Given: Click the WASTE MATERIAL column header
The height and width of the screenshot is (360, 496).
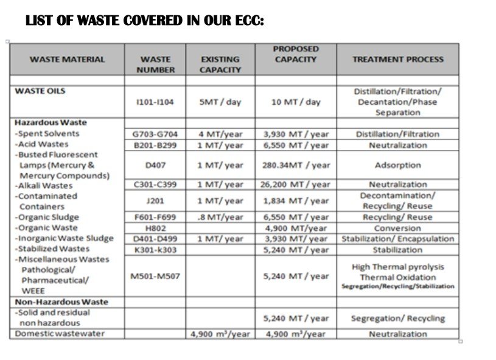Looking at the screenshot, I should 67,59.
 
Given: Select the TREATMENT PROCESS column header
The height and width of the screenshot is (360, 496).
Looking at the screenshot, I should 397,59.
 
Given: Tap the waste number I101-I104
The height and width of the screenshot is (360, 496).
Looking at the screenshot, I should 155,102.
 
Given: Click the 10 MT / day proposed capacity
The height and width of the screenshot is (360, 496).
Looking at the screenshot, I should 296,102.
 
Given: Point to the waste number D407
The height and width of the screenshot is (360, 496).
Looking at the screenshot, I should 155,165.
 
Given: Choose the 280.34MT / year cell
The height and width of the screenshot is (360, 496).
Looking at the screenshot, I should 296,165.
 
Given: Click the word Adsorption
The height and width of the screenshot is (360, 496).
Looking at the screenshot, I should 397,165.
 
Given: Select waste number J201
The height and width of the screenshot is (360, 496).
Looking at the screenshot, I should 155,200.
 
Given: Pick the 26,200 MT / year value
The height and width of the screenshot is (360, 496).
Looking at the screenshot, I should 296,185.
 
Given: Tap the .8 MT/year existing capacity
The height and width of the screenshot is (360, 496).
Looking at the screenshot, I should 221,217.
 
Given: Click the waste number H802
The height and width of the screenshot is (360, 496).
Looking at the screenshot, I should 155,228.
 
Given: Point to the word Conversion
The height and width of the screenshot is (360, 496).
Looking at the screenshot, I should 397,228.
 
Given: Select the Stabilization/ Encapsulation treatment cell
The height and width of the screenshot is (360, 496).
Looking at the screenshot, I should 397,239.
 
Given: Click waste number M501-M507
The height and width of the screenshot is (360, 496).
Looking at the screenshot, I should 155,276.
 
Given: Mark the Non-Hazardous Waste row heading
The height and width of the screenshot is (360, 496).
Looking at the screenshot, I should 61,302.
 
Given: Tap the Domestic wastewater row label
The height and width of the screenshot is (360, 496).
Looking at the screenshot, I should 60,334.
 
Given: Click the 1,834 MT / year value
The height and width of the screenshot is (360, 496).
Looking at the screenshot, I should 296,200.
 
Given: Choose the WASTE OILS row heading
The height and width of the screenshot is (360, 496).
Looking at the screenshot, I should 40,91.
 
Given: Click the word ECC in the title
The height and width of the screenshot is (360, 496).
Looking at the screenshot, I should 250,21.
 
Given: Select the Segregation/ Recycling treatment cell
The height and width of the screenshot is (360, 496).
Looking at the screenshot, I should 397,318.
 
